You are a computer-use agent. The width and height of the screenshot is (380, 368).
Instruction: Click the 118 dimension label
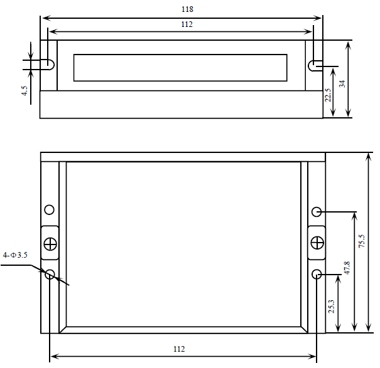point(187,9)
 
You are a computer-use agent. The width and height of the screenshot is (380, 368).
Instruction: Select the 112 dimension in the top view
point(187,24)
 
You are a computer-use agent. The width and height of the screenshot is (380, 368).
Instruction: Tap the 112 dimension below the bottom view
point(179,349)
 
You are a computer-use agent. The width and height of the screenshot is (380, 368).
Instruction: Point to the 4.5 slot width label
point(24,91)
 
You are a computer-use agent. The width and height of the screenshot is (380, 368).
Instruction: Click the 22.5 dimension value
point(328,95)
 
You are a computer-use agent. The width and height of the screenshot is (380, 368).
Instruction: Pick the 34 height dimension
point(342,84)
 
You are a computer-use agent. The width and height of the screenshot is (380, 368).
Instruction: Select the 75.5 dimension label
point(361,241)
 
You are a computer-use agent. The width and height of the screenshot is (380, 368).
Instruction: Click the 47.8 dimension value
point(347,268)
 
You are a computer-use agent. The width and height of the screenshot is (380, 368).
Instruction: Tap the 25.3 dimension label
point(331,307)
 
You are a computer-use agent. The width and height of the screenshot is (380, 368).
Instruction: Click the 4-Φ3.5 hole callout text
point(15,255)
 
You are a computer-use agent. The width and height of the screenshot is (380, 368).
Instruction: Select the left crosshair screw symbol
point(50,244)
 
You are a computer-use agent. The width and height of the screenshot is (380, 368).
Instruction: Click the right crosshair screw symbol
point(317,243)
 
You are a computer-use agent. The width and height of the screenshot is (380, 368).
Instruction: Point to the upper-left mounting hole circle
point(50,209)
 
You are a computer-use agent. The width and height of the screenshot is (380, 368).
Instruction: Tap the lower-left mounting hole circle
point(50,274)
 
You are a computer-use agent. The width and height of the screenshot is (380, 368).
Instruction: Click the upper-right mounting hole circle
point(317,212)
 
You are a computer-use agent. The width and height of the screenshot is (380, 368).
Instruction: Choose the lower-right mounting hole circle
point(317,274)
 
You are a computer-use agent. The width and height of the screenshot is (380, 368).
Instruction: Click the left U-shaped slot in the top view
point(54,65)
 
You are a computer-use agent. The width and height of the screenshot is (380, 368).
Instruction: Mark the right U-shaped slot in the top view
point(308,66)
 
